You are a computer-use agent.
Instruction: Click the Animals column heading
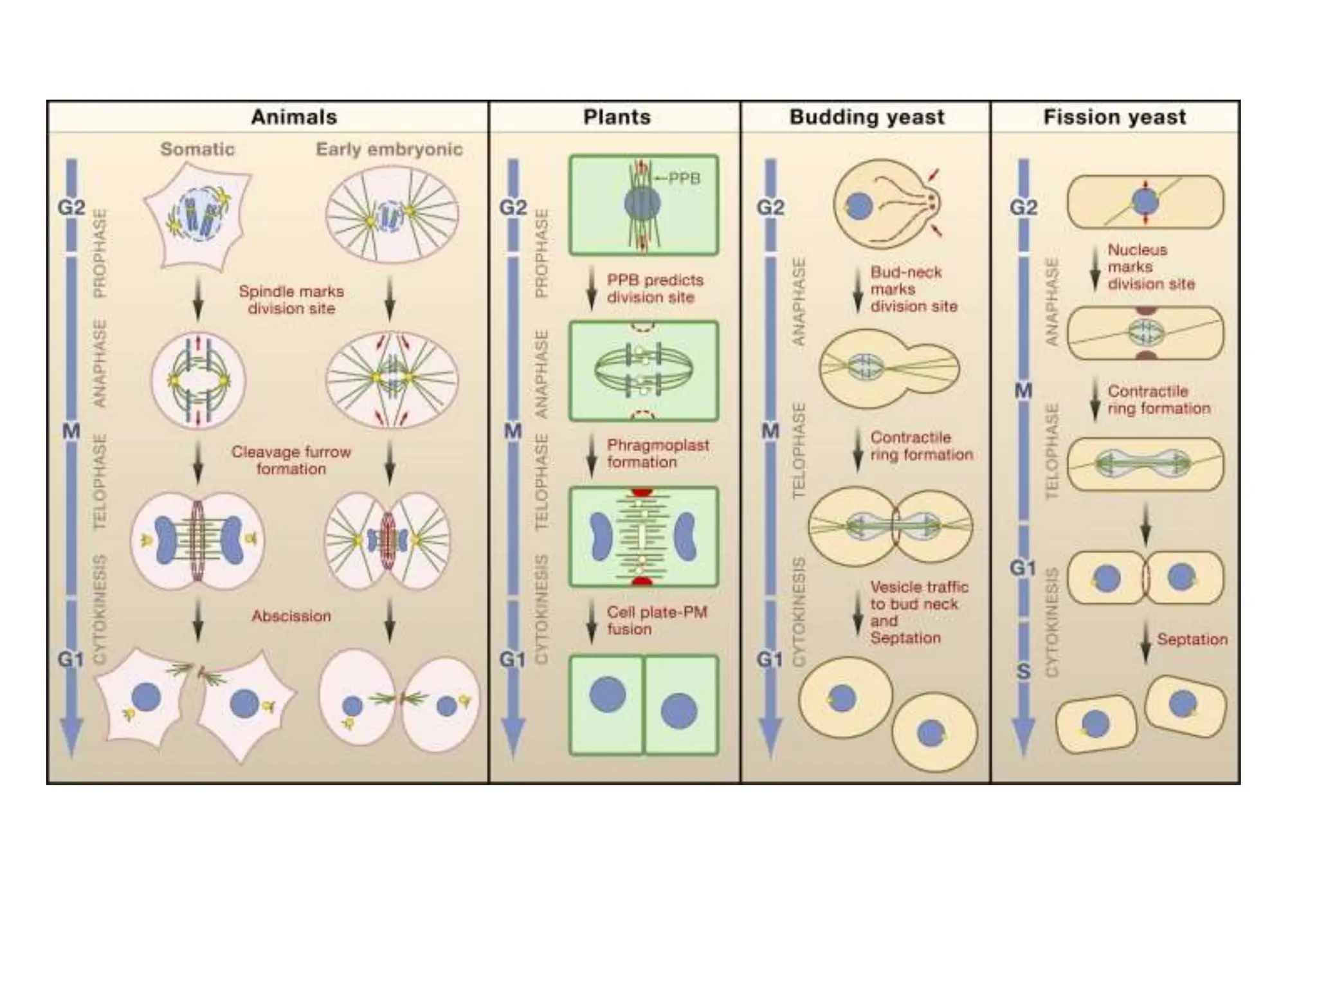tap(294, 117)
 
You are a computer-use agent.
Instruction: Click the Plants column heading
tap(617, 117)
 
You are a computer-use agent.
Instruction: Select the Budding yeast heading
tap(867, 117)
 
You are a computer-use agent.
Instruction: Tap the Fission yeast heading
tap(1114, 117)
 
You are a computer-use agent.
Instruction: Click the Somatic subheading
tap(197, 149)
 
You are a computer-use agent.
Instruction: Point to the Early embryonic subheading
tap(389, 149)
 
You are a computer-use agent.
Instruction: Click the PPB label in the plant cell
tap(684, 178)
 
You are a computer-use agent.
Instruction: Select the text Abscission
tap(291, 616)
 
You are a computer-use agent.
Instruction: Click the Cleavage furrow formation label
tap(291, 461)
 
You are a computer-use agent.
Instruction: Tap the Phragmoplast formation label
tap(657, 453)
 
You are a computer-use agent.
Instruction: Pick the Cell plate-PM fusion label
tap(657, 621)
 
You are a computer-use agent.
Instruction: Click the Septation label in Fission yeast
tap(1192, 639)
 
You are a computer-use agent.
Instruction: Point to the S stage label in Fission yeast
tap(1024, 672)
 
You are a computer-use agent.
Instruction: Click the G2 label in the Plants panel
tap(513, 208)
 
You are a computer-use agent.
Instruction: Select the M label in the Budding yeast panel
tap(770, 430)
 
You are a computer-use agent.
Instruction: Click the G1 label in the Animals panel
tap(71, 659)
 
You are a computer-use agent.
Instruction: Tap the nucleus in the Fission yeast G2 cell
tap(1145, 202)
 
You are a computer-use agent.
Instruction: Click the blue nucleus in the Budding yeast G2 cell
tap(859, 207)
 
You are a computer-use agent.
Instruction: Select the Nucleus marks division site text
tap(1150, 267)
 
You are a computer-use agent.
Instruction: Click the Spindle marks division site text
tap(291, 300)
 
